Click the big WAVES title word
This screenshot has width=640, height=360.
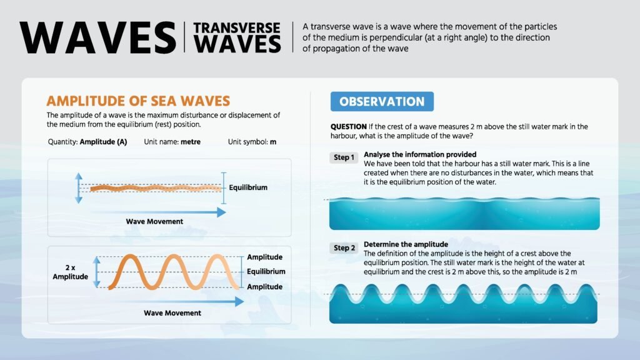[x=98, y=37]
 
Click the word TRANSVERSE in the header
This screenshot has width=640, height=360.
[x=237, y=27]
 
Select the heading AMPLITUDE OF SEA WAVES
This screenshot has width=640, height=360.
[x=138, y=101]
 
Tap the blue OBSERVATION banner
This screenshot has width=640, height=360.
[x=382, y=102]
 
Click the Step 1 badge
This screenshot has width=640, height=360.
[x=344, y=157]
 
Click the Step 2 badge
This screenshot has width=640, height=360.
[x=344, y=247]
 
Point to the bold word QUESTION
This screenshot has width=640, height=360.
[x=349, y=126]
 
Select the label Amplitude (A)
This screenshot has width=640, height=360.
[x=103, y=142]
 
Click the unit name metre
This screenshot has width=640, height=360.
[x=191, y=142]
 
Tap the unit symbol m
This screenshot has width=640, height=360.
[x=273, y=142]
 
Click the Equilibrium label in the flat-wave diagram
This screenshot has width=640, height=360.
[x=248, y=187]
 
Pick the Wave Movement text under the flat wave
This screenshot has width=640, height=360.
[x=154, y=222]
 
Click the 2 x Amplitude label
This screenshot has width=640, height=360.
[x=70, y=272]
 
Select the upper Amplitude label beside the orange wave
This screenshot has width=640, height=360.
[x=264, y=257]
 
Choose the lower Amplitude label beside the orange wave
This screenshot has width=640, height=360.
[x=264, y=287]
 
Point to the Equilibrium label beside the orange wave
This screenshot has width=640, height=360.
[x=266, y=272]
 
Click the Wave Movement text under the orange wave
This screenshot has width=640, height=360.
[x=172, y=313]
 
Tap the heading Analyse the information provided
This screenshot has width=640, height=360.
[x=420, y=155]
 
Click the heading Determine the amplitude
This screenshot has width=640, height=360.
[x=406, y=244]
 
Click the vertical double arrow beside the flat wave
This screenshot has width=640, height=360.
[x=79, y=188]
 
